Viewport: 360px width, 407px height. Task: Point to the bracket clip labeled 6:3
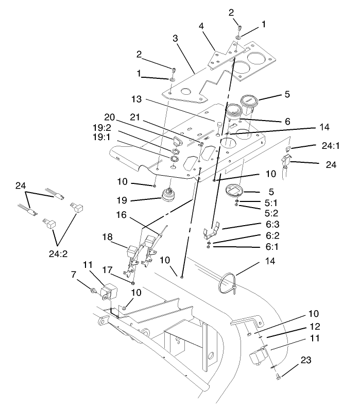(x=211, y=231)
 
